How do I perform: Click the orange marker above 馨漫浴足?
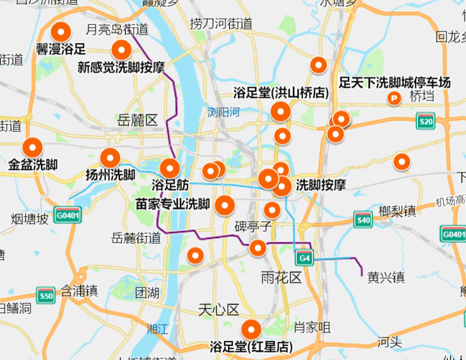(61, 31)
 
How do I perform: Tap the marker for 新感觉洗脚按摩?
(121, 49)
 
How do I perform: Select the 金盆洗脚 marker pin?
(32, 148)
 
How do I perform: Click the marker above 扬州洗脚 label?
(110, 158)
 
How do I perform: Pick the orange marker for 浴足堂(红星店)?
(251, 329)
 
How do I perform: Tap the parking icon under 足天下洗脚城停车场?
(395, 98)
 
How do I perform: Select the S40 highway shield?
(362, 220)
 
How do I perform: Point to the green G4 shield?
(304, 258)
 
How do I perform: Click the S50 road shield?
(45, 295)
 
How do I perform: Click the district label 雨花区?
(282, 277)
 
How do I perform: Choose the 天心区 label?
(218, 309)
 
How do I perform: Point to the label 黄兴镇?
(385, 277)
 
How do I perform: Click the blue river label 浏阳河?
(224, 112)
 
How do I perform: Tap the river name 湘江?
(157, 328)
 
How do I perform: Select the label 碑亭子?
(253, 225)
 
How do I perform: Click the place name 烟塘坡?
(30, 219)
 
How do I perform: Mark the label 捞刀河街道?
(221, 24)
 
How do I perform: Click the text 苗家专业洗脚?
(173, 204)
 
